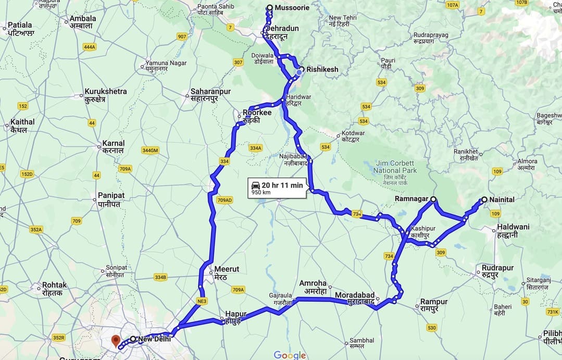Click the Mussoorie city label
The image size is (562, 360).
pyautogui.click(x=292, y=8)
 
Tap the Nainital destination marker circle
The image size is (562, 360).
pyautogui.click(x=484, y=200)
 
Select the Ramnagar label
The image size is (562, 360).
pyautogui.click(x=411, y=199)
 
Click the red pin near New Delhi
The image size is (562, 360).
pyautogui.click(x=115, y=341)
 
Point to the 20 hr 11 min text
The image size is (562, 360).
pyautogui.click(x=282, y=185)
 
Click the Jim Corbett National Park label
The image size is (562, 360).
pyautogui.click(x=395, y=167)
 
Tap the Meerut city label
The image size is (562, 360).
pyautogui.click(x=227, y=269)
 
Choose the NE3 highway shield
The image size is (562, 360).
pyautogui.click(x=202, y=301)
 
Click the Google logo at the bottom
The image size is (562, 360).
pyautogui.click(x=290, y=355)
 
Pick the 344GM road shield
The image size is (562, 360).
pyautogui.click(x=150, y=151)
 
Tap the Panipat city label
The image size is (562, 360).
pyautogui.click(x=111, y=195)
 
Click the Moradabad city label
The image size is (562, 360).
pyautogui.click(x=355, y=295)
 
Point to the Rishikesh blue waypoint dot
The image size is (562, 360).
pyautogui.click(x=299, y=72)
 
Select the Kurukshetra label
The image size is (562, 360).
pyautogui.click(x=106, y=92)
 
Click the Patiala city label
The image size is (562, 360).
pyautogui.click(x=20, y=25)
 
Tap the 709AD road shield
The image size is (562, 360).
pyautogui.click(x=224, y=200)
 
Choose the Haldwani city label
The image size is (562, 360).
pyautogui.click(x=513, y=227)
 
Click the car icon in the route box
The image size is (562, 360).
pyautogui.click(x=256, y=185)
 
